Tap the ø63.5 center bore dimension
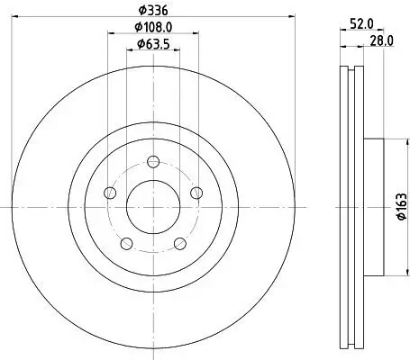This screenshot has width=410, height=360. tap(152, 44)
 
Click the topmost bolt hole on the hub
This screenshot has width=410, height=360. tap(153, 162)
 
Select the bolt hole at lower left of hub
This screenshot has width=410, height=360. tap(126, 243)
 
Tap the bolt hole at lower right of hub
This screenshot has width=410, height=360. tap(179, 243)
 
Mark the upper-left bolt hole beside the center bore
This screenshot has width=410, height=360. tap(110, 193)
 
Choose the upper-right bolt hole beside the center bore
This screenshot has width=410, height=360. tap(196, 193)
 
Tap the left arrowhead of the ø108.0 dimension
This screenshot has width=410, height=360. tap(111, 34)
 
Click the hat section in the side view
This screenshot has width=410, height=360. tap(373, 207)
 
